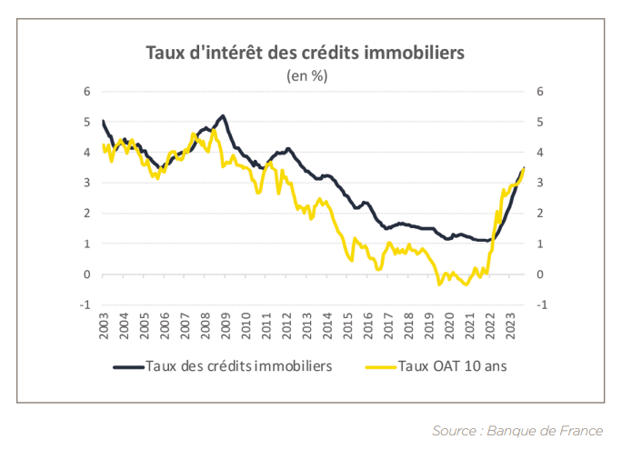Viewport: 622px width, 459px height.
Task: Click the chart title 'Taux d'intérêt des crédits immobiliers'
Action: [x=306, y=52]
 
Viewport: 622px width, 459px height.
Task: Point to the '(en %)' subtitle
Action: [x=307, y=75]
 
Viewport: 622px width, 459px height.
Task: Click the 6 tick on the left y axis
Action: [x=87, y=91]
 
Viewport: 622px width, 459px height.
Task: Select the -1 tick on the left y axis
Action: [x=85, y=304]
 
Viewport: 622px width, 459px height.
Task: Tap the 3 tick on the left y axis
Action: [x=87, y=183]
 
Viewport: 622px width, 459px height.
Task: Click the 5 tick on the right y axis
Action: [x=540, y=122]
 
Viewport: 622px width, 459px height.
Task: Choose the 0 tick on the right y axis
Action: [x=540, y=274]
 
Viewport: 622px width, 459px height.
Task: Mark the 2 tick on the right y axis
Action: [x=540, y=214]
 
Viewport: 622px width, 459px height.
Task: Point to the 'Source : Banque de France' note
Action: [x=517, y=430]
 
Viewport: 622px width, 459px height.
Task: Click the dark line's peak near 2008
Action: [x=223, y=116]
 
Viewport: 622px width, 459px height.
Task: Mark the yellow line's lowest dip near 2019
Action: [x=439, y=284]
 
